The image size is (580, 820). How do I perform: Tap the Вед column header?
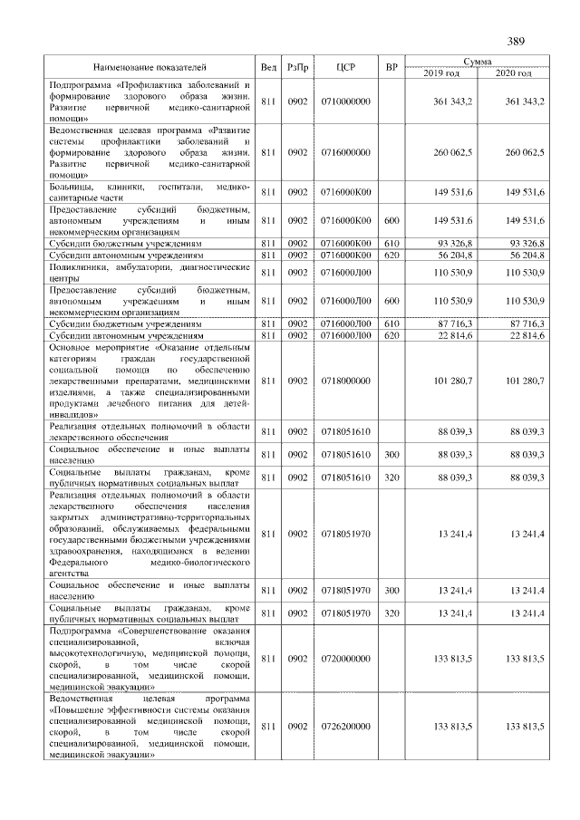268,67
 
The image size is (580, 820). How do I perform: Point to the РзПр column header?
297,67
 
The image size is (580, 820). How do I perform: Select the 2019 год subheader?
441,72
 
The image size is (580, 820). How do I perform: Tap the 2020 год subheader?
513,72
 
